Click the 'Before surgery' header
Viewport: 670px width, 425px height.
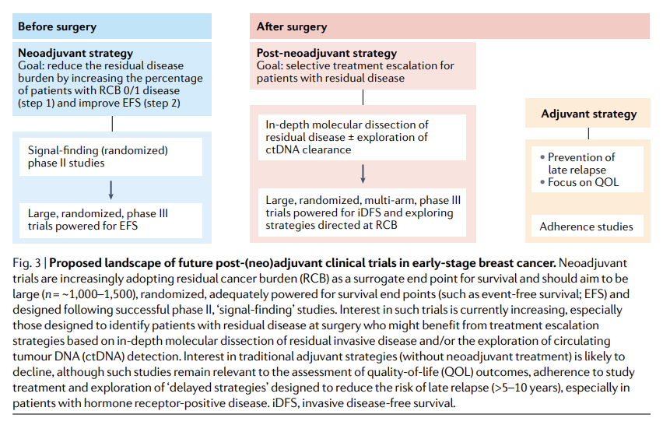57,26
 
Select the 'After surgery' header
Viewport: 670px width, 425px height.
292,26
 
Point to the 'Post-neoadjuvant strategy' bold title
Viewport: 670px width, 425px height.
327,54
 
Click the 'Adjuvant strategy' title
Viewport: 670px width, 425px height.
588,114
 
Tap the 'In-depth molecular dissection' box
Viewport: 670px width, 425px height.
363,136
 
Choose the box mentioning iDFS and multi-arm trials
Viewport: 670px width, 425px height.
363,212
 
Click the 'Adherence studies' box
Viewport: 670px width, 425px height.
587,227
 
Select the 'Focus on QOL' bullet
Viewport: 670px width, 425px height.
584,183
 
